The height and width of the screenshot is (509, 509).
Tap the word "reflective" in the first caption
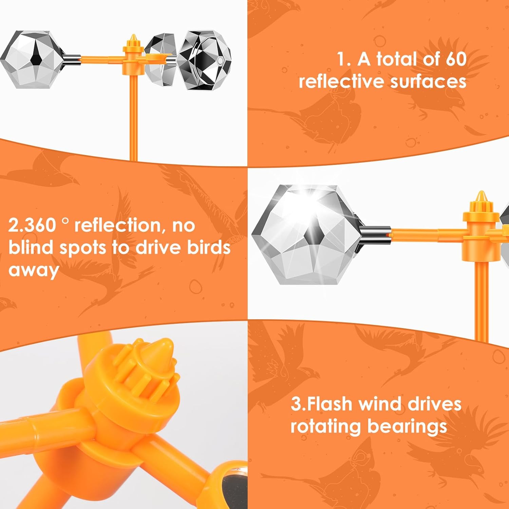pyautogui.click(x=341, y=82)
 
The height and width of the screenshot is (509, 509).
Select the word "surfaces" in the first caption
pyautogui.click(x=428, y=82)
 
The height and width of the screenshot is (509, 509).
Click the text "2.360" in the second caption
pyautogui.click(x=33, y=225)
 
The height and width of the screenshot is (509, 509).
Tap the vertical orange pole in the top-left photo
pyautogui.click(x=133, y=119)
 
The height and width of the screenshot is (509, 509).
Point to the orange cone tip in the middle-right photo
pyautogui.click(x=480, y=197)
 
